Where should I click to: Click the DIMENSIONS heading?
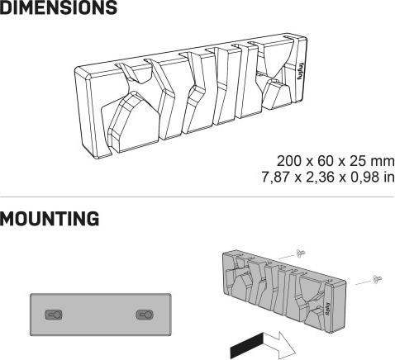click(59, 7)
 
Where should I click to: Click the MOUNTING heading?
click(50, 219)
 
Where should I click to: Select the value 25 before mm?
click(358, 161)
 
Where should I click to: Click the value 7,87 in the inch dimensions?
click(276, 177)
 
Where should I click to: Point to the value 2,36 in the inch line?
click(321, 177)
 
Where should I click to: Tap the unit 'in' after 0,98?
click(389, 177)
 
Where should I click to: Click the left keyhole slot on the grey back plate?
click(54, 315)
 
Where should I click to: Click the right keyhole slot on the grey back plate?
click(145, 315)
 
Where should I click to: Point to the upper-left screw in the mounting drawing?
click(300, 253)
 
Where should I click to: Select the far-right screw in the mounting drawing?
click(378, 279)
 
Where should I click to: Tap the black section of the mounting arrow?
click(247, 345)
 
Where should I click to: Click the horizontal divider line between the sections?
click(197, 197)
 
